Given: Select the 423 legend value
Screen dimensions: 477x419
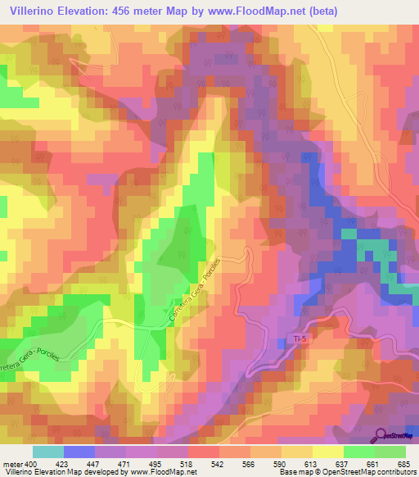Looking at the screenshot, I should (x=63, y=463).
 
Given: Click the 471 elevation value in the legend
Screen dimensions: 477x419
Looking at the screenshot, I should (x=126, y=463).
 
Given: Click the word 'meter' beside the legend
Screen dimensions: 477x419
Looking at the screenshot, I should (x=10, y=463).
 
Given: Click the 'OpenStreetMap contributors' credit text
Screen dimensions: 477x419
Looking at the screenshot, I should (x=367, y=472).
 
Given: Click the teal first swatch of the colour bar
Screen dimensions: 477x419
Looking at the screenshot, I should (x=48, y=451).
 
